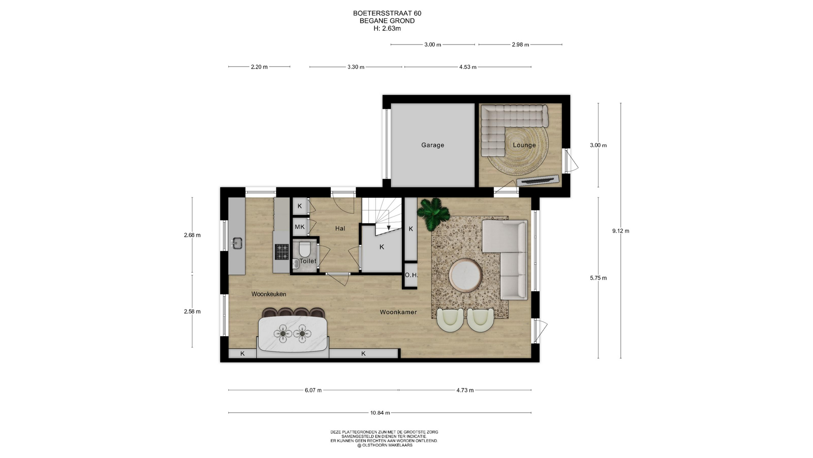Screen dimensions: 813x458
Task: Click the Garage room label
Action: pos(432,145)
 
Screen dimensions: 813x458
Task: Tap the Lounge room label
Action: pos(524,145)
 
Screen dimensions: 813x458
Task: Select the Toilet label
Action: pos(308,261)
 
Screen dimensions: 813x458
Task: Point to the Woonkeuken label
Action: pos(269,294)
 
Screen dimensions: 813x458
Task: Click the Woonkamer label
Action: pos(398,312)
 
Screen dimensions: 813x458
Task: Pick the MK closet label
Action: pos(299,227)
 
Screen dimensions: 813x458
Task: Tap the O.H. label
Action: pos(411,275)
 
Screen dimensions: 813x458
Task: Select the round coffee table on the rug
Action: pos(465,276)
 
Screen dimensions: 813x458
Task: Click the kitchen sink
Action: pos(237,243)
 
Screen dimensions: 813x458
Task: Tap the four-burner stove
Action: pos(282,251)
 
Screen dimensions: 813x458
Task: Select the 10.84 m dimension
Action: pos(380,413)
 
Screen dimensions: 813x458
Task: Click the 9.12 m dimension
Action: pos(621,231)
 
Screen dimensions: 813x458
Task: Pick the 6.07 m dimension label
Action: pos(313,390)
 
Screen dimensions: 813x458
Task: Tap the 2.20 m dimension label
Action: pos(259,67)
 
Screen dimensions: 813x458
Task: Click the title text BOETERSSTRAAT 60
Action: pos(387,13)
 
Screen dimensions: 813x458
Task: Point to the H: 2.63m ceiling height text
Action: pos(387,28)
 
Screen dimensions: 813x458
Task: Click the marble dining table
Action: pos(293,334)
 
